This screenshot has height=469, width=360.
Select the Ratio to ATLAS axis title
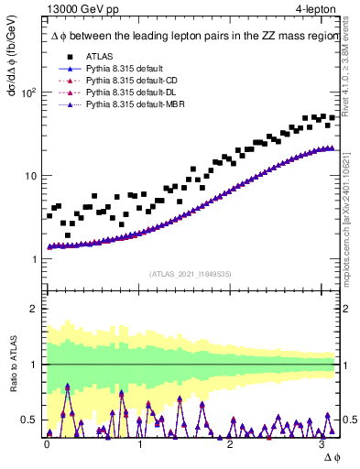(15, 365)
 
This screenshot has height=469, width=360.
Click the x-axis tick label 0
(48, 443)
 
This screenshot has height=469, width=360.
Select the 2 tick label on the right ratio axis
(347, 309)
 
